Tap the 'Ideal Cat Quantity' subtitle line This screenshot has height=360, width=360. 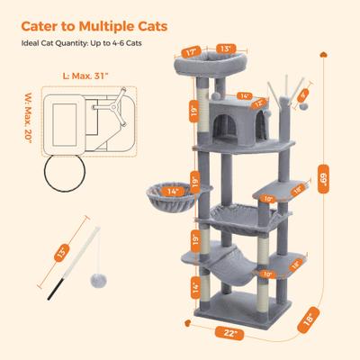click(x=78, y=41)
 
